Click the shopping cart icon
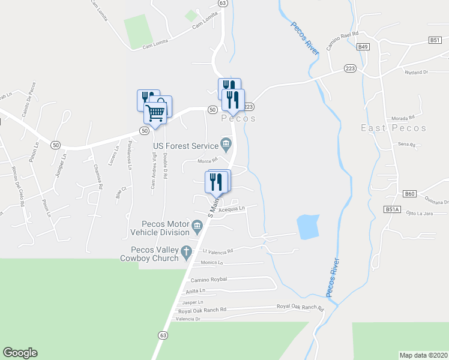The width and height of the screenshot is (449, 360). pos(155,112)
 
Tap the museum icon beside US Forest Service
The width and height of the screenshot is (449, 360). pos(226,143)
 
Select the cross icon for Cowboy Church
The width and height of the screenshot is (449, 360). pos(187,251)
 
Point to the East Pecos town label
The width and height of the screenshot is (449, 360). pos(394,128)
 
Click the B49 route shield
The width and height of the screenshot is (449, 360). pos(363,46)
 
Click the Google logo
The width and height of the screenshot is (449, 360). pos(20,352)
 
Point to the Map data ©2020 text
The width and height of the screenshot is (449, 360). pos(423,355)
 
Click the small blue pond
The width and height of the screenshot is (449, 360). pos(308,227)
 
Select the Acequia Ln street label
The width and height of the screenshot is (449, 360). pos(232,209)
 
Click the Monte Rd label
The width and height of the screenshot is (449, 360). pos(207,161)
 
